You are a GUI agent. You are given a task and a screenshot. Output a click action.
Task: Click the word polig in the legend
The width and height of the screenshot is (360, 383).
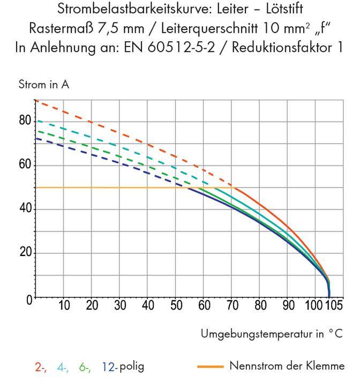(x=132, y=367)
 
